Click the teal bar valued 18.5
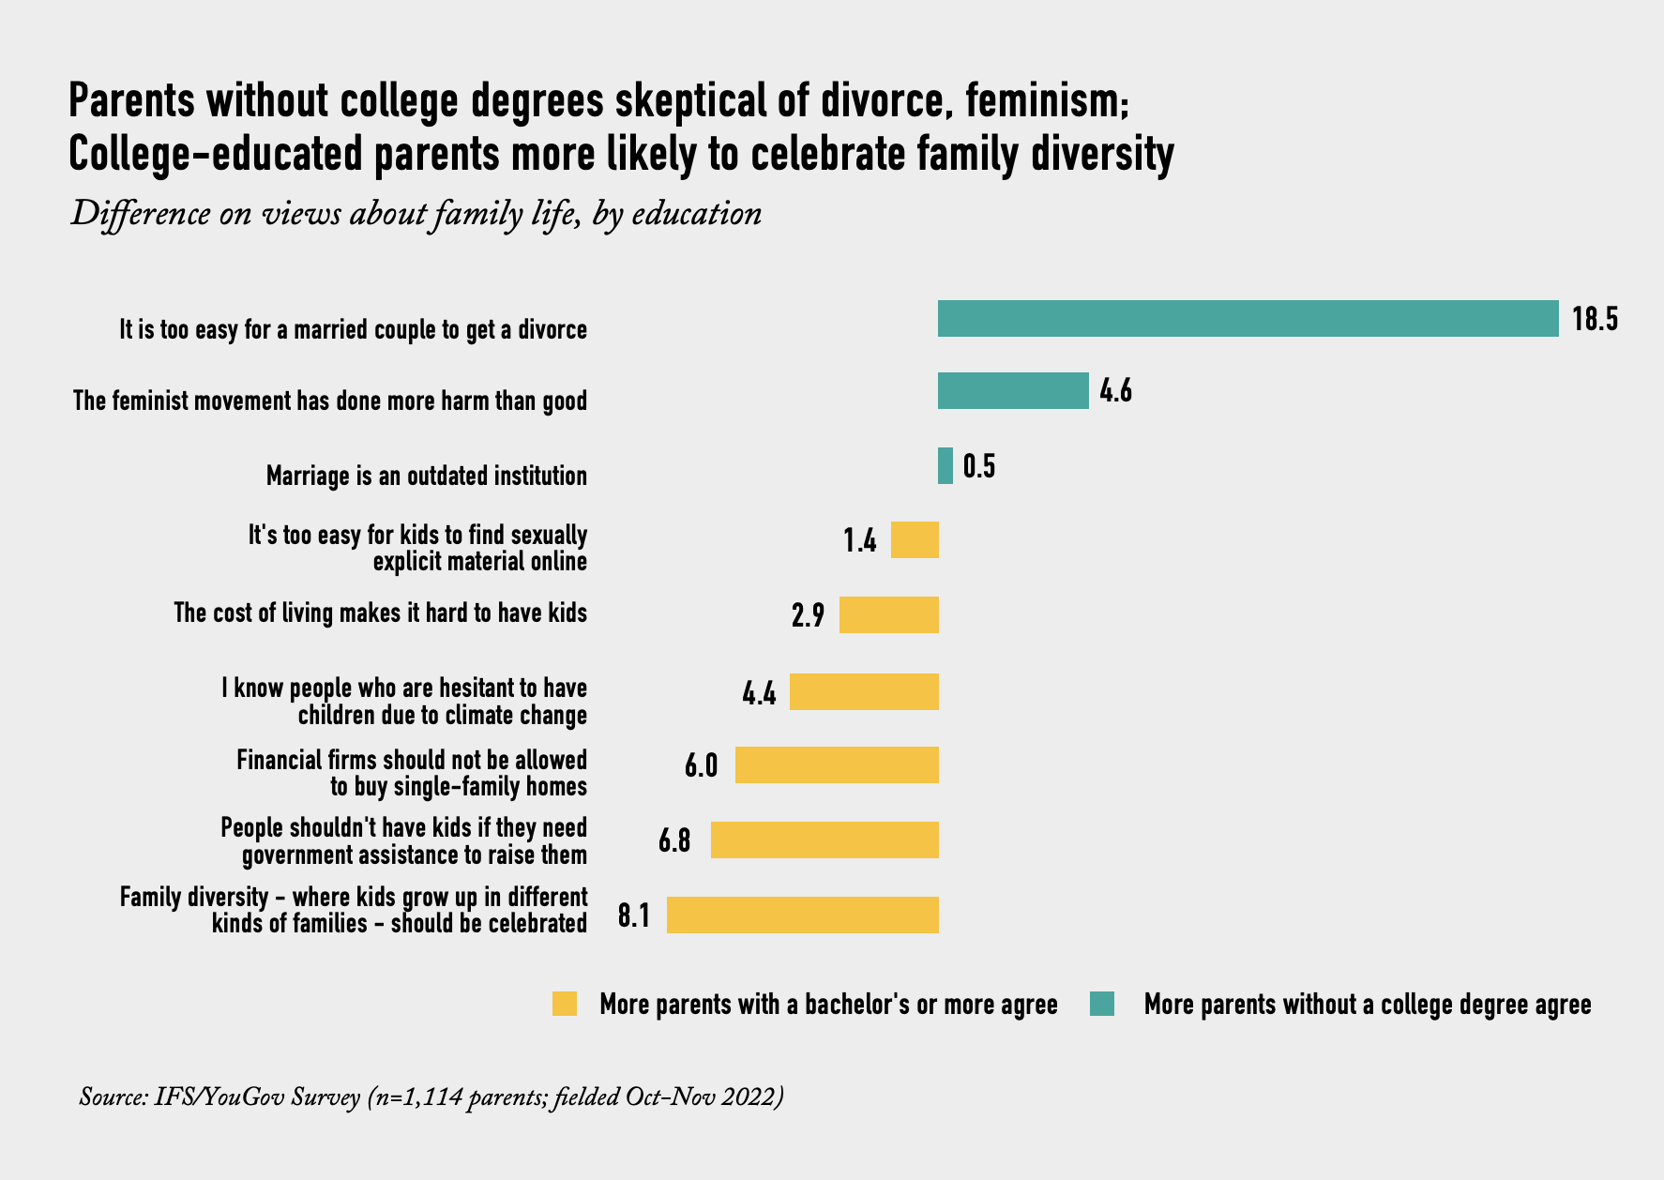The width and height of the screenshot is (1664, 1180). point(1248,319)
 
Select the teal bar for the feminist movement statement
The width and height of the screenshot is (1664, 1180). point(1013,391)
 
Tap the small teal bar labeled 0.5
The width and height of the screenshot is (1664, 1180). point(945,466)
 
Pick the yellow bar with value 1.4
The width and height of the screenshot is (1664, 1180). point(915,540)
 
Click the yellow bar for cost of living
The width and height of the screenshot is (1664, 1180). point(889,615)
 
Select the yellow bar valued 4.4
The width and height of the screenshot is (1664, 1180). point(864,692)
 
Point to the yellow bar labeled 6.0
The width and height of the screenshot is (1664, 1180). point(837,765)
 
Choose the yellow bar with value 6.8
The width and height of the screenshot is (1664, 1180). point(824,840)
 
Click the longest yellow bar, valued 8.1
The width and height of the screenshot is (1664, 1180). point(803,915)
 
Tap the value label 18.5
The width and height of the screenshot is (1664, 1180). point(1596,320)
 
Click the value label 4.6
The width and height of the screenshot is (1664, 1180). point(1115,391)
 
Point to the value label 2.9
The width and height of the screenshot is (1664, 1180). point(808,616)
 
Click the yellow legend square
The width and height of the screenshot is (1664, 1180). point(565,1004)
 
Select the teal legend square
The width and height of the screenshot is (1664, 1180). point(1101,1004)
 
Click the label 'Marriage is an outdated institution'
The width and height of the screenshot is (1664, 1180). point(427,477)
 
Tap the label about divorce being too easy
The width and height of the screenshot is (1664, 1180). point(353,330)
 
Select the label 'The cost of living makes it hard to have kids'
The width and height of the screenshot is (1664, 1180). point(380,613)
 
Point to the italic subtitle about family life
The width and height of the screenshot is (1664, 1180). point(416,215)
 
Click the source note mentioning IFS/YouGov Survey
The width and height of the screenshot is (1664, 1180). point(431,1097)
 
